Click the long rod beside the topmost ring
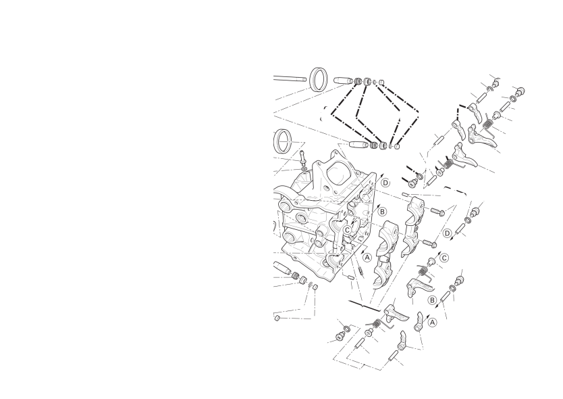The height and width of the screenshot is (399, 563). (x=290, y=78)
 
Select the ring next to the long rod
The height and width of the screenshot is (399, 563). (x=319, y=79)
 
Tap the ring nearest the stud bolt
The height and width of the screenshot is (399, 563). (x=282, y=141)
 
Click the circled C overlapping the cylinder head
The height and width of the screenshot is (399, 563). (x=347, y=230)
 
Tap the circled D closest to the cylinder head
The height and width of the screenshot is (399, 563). (x=385, y=183)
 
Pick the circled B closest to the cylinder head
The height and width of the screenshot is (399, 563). (x=382, y=212)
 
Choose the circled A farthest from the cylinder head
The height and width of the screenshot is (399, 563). (x=433, y=323)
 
